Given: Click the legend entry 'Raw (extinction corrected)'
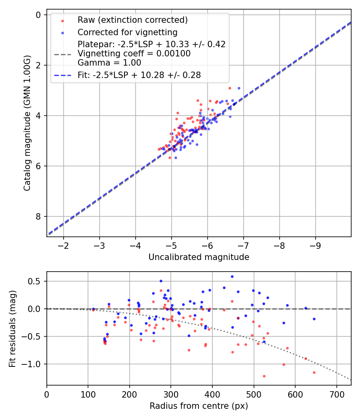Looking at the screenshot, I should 132,20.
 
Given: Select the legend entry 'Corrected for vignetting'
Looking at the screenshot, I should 127,32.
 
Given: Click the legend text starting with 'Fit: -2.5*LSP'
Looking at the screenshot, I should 139,75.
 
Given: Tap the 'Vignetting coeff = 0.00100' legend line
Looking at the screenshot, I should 134,54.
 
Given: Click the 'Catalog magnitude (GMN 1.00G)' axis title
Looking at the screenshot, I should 27,123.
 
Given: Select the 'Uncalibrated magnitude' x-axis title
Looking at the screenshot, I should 199,257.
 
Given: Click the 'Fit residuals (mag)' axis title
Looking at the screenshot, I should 12,328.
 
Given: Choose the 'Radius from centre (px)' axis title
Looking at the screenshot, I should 199,406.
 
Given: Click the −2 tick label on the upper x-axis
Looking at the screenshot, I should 63,245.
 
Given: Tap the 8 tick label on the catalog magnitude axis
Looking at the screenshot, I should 38,216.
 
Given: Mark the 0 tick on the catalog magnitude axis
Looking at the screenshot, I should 38,15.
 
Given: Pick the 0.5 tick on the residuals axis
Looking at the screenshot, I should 36,281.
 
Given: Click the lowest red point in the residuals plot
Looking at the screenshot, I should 264,376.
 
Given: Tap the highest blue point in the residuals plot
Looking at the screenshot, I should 232,276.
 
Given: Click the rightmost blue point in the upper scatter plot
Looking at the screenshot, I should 239,88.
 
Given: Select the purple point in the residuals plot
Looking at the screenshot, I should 238,318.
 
